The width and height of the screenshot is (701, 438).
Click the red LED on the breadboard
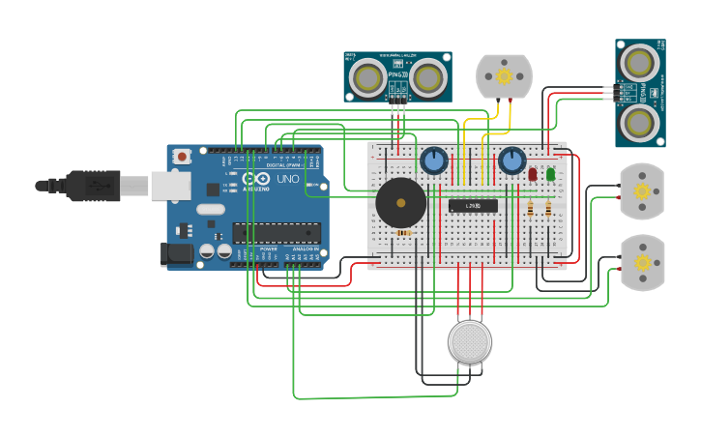tap(533, 174)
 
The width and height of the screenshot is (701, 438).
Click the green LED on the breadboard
tap(550, 174)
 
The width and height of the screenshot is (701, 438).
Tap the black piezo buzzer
tap(400, 202)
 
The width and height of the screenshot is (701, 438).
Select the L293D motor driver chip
tap(473, 205)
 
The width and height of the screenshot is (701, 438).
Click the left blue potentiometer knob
tap(433, 161)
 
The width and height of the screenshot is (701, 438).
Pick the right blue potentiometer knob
tap(511, 161)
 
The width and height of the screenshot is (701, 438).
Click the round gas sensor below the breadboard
tap(470, 341)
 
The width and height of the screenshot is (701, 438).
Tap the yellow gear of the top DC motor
tap(504, 76)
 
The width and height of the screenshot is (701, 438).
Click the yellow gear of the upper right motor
tap(642, 191)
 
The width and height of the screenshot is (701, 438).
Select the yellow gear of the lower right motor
tap(642, 263)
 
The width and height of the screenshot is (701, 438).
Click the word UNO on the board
tap(288, 179)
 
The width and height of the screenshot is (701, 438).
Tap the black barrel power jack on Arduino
tap(176, 254)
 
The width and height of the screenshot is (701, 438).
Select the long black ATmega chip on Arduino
tap(277, 232)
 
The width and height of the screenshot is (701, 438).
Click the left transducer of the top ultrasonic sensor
tap(367, 77)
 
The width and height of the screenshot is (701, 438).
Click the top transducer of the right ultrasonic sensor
tap(638, 63)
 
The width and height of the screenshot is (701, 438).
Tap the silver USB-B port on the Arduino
tap(171, 186)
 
